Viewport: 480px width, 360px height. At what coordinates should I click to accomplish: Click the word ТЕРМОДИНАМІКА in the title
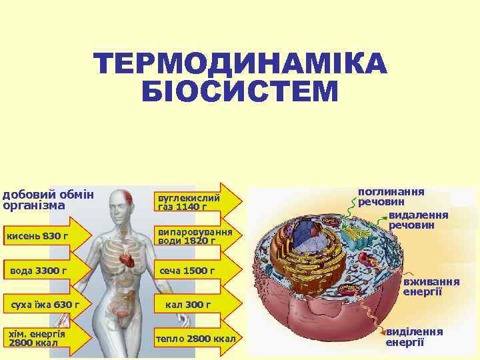[x=240, y=65]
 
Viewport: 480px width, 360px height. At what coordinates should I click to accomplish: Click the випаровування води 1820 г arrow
[x=196, y=236]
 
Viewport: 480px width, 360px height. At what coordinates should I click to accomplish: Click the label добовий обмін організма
[x=48, y=199]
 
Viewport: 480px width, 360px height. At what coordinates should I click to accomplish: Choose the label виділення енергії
[x=414, y=337]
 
